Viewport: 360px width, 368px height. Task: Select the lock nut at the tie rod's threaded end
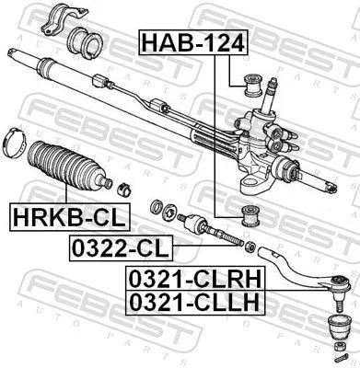coord(248,246)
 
